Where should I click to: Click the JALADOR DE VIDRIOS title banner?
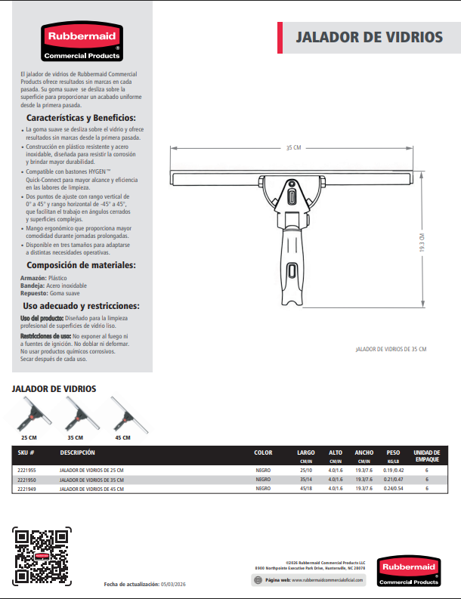coord(368,37)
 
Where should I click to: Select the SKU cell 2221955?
coord(26,471)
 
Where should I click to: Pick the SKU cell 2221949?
coord(26,489)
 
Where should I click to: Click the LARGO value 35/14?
coord(305,480)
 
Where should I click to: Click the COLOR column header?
coord(263,452)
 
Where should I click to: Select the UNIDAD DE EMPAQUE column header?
coord(427,455)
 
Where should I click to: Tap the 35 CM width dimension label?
coord(293,147)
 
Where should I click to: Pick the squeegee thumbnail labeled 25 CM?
coord(31,415)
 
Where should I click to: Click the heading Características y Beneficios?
coord(81,119)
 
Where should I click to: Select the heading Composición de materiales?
coord(81,265)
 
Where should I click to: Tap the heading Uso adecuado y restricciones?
coord(81,306)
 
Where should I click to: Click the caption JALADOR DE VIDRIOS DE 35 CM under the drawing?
coord(391,349)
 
